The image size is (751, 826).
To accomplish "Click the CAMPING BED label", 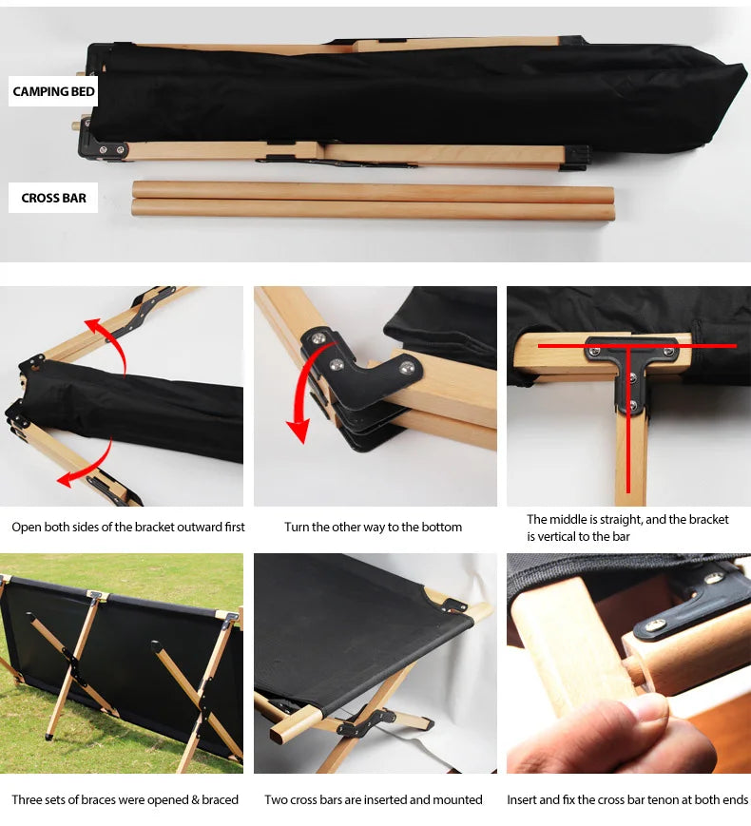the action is tap(53, 91).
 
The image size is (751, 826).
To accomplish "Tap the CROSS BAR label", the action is tap(53, 198).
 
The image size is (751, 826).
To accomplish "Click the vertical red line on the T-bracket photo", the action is tap(628, 419).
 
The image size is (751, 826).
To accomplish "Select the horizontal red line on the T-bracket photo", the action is tap(637, 346).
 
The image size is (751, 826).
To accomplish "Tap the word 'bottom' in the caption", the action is tap(442, 528).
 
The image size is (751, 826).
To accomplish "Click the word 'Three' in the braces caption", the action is tap(27, 799).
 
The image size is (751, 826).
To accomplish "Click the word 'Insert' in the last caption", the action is tap(522, 799).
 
